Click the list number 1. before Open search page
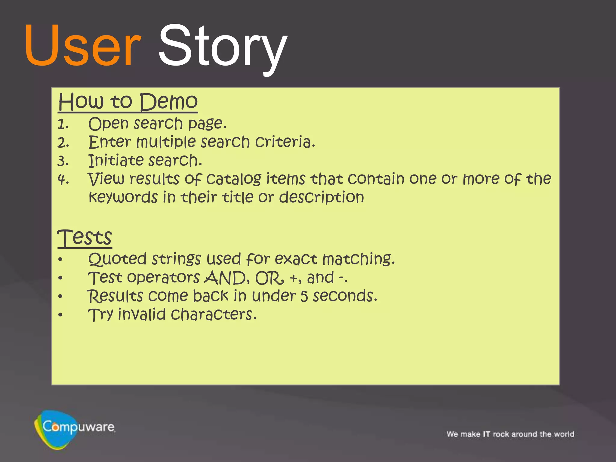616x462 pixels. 63,125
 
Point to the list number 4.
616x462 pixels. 63,180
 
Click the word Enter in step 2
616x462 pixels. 109,142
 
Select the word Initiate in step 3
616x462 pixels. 115,160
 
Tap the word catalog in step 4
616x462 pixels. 234,179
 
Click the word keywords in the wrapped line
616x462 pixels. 123,198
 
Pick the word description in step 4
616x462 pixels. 321,198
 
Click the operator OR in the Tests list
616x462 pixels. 268,278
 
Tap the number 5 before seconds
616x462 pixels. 304,296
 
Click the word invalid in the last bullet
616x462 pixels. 142,315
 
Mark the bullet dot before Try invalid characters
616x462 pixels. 60,315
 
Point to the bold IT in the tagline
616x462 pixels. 486,434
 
